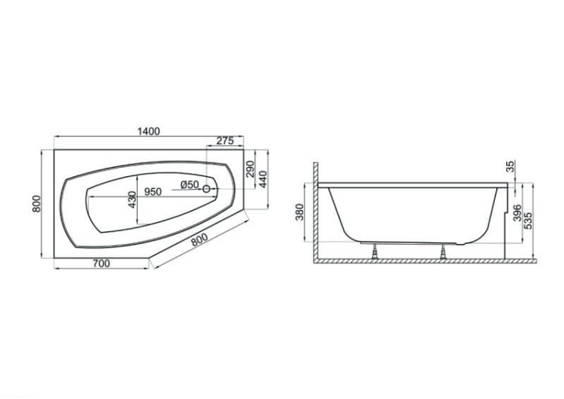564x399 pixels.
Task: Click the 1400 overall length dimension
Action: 149,132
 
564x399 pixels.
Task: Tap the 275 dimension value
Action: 225,141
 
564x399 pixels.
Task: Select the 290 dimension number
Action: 250,169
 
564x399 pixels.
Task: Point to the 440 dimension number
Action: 263,178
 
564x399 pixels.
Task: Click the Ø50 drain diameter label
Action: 190,184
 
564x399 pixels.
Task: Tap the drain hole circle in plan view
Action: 207,189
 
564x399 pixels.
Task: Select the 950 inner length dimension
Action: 153,191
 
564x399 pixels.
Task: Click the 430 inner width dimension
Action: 132,200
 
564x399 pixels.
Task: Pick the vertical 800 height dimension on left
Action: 36,204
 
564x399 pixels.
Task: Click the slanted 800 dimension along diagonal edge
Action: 199,239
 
